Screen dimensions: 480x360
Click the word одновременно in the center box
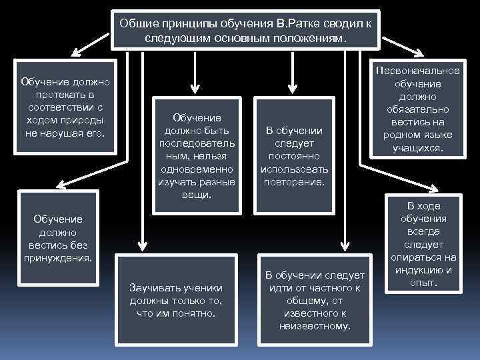point(197,169)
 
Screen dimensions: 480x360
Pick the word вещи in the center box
point(195,195)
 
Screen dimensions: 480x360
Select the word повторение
point(294,181)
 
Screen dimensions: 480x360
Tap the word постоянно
point(294,156)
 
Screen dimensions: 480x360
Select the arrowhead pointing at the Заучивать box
point(141,243)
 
